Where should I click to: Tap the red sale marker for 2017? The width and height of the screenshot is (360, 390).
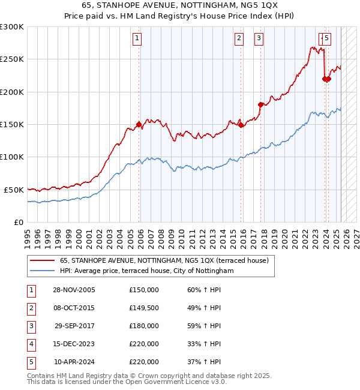pyautogui.click(x=260, y=104)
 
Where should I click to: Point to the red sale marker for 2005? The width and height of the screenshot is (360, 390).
pyautogui.click(x=139, y=124)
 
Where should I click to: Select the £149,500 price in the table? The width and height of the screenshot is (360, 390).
pyautogui.click(x=143, y=308)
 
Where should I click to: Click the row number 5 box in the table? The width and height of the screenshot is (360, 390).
pyautogui.click(x=31, y=362)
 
